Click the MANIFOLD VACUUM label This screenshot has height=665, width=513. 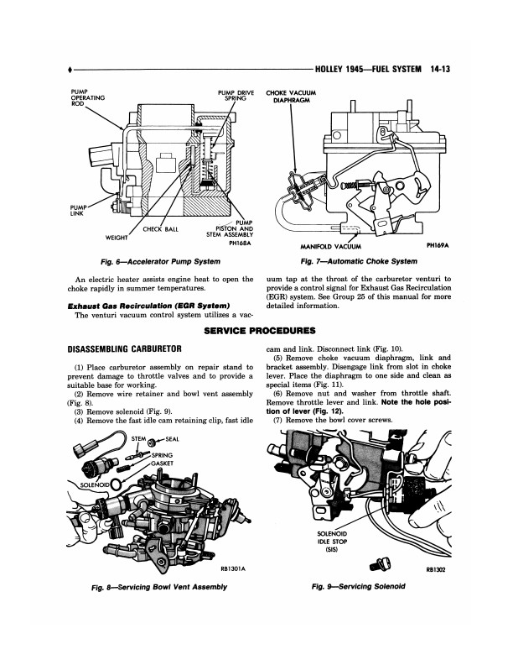pos(335,247)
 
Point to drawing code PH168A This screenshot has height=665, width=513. pos(237,243)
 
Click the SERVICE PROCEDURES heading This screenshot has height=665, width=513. pos(256,331)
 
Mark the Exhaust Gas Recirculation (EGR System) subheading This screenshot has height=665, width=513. pos(142,306)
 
